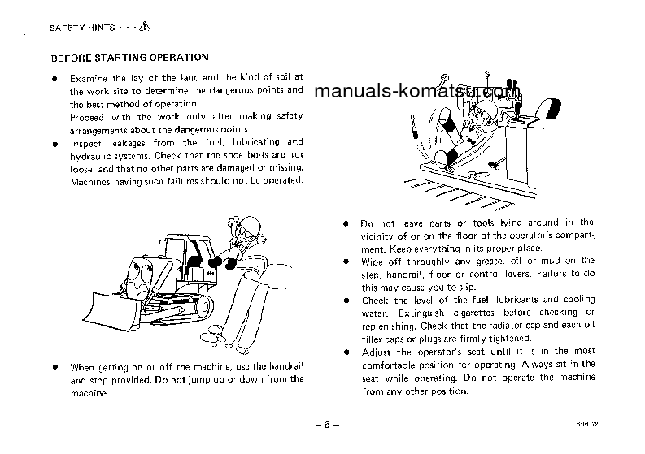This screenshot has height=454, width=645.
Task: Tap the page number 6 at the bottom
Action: [325, 425]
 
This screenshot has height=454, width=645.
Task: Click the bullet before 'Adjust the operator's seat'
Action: [346, 352]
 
